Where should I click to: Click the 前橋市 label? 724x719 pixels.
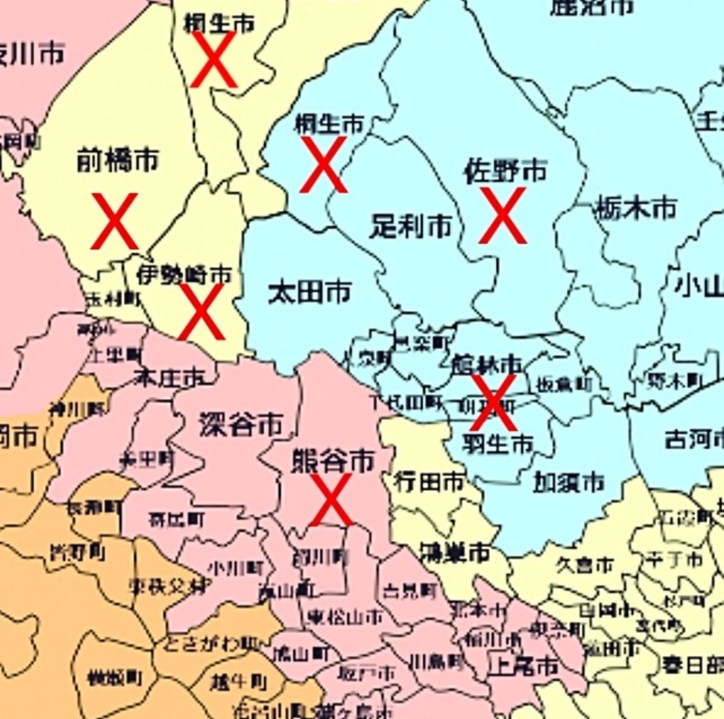[117, 160]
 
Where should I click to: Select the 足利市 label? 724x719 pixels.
[410, 226]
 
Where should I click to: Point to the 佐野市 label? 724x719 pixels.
[505, 171]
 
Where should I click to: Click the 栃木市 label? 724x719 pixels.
[636, 209]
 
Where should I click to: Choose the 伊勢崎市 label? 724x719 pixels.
[184, 273]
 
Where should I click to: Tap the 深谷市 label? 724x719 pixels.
[241, 424]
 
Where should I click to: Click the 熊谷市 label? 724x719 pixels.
[332, 461]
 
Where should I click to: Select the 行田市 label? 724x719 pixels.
[429, 481]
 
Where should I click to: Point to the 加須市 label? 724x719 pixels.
[569, 481]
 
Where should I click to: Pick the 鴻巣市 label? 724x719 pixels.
[454, 552]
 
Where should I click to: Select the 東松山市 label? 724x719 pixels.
[345, 616]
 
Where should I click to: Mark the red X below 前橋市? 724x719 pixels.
[114, 221]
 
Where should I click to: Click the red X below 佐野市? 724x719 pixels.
[503, 215]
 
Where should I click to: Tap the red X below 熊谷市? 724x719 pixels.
[331, 499]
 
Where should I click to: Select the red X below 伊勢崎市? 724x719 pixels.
[201, 312]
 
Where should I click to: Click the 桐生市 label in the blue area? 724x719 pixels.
[329, 124]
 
